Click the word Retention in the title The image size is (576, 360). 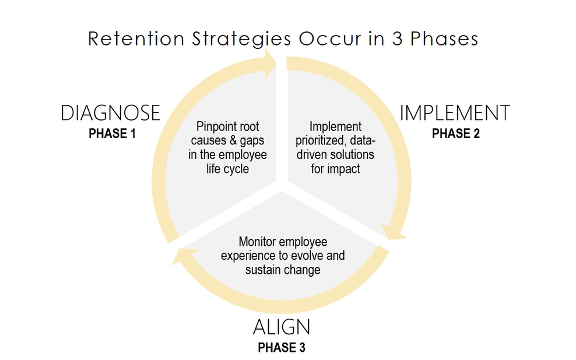(x=136, y=38)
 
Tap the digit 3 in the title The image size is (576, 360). (x=398, y=38)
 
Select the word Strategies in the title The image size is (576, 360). (x=241, y=39)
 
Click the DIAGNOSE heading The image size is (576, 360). (x=111, y=112)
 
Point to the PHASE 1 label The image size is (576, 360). (x=113, y=133)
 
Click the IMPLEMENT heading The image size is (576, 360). (x=455, y=112)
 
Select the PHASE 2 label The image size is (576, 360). (x=456, y=133)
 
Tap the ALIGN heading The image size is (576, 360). (x=282, y=327)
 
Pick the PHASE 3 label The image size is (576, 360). (x=282, y=348)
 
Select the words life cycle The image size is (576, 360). (x=227, y=169)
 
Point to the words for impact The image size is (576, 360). (x=335, y=169)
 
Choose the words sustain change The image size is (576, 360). (x=283, y=270)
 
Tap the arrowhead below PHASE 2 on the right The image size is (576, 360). (x=394, y=232)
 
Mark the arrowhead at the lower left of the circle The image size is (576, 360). (x=184, y=255)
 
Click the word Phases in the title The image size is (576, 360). (x=444, y=38)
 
